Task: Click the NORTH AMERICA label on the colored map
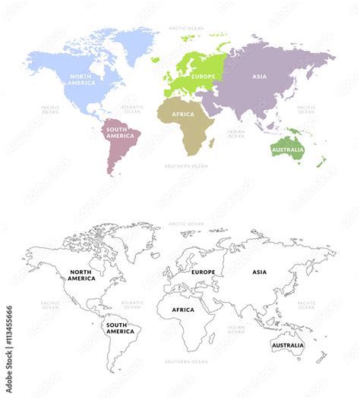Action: point(81,80)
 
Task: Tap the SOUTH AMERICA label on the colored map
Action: point(120,133)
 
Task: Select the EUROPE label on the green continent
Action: point(204,76)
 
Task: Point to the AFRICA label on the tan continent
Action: point(182,115)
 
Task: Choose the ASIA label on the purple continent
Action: point(260,76)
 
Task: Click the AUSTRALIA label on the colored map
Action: point(287,149)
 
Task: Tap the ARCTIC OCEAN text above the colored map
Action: point(186,28)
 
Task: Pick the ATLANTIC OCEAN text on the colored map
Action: point(132,109)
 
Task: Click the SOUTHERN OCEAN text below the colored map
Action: point(186,166)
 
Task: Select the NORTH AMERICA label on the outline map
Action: point(81,275)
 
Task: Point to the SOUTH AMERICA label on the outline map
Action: point(120,328)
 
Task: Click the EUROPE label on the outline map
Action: point(204,272)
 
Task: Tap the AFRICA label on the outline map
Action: point(182,309)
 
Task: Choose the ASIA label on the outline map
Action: point(260,272)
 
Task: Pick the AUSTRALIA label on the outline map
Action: point(287,345)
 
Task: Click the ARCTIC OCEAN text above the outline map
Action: point(186,224)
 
